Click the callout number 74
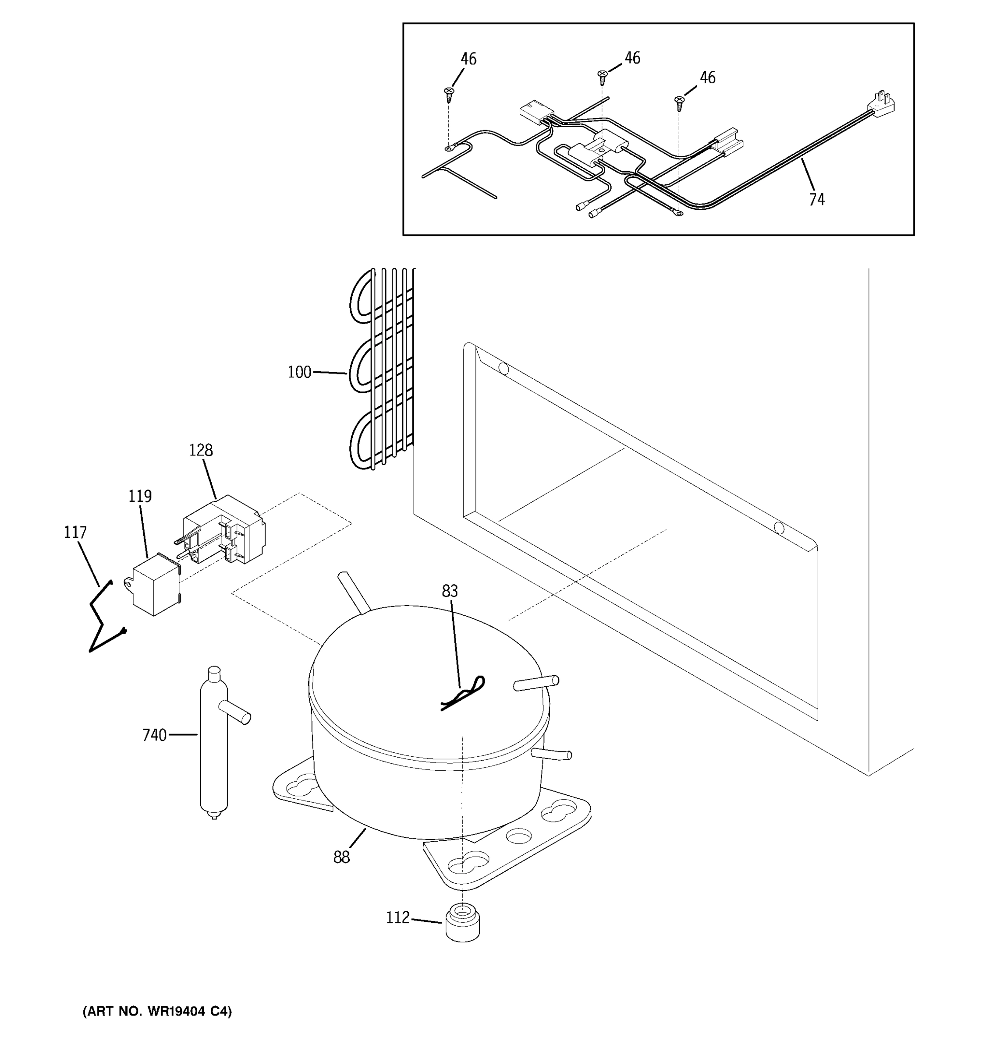point(816,199)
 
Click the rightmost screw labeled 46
point(680,102)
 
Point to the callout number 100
point(299,372)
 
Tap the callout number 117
point(75,533)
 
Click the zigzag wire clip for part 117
point(103,618)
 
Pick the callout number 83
point(450,591)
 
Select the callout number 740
point(154,735)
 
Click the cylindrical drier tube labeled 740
point(214,745)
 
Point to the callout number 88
point(341,857)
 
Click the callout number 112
point(398,917)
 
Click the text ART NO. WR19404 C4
point(157,1011)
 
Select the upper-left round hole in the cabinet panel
point(504,368)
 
